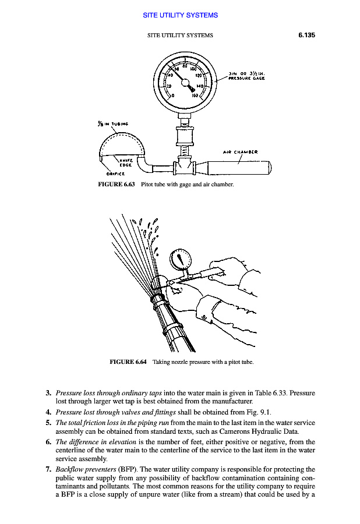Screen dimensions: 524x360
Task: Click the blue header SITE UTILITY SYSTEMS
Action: click(x=180, y=15)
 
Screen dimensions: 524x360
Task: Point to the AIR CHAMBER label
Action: click(x=241, y=153)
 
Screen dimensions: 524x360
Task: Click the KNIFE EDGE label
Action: click(x=128, y=163)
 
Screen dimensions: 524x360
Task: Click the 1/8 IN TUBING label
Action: click(x=113, y=123)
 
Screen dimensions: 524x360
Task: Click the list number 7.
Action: click(x=49, y=469)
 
